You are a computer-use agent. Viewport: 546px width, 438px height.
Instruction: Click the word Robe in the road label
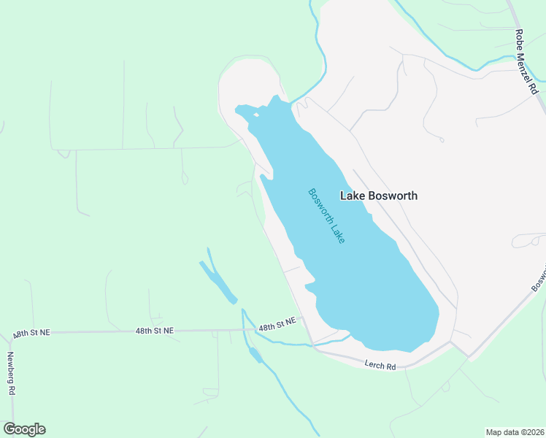pyautogui.click(x=519, y=39)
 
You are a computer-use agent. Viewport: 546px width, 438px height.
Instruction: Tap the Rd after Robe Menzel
pyautogui.click(x=535, y=88)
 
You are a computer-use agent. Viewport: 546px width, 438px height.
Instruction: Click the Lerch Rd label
pyautogui.click(x=380, y=365)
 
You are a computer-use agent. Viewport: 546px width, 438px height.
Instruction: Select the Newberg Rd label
pyautogui.click(x=11, y=373)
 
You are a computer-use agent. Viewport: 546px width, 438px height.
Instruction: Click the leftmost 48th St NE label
pyautogui.click(x=31, y=333)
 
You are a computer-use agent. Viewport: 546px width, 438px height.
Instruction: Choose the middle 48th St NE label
pyautogui.click(x=155, y=331)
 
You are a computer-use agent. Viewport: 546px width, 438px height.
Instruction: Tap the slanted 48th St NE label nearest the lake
pyautogui.click(x=277, y=325)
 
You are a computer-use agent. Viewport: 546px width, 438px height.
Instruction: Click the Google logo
pyautogui.click(x=24, y=429)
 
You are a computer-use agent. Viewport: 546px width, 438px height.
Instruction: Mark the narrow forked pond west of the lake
pyautogui.click(x=218, y=281)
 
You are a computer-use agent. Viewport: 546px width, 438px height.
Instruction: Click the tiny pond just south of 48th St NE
pyautogui.click(x=255, y=356)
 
